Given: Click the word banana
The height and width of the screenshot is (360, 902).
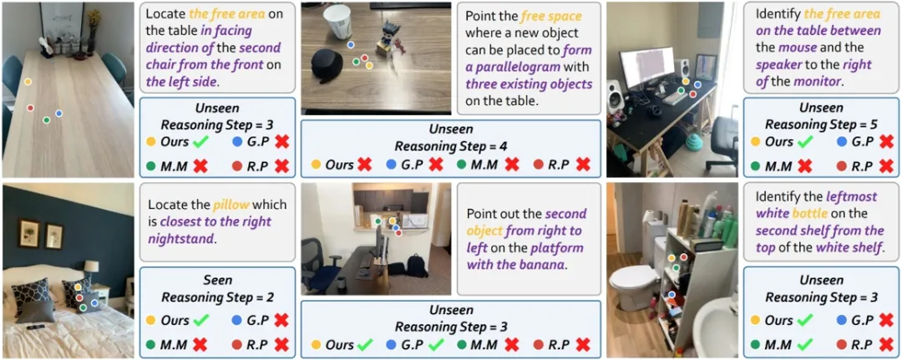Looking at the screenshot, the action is coord(546,266).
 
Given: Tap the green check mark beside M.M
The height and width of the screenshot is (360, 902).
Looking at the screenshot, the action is coord(804,342).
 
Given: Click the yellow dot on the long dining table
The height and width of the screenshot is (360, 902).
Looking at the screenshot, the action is coord(28,82).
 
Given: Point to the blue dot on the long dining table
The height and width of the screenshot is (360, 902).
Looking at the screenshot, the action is coord(58,113).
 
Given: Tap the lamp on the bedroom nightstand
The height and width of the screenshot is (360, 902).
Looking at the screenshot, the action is coord(91,268).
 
